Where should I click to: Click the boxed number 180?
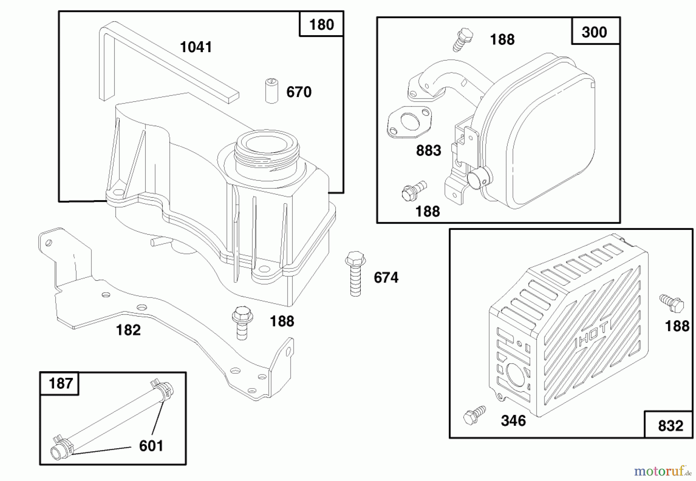321,25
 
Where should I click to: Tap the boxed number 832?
670,426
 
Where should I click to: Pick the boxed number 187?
61,384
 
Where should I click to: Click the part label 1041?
196,47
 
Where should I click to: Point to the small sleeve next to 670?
272,91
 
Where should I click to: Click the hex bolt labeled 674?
355,272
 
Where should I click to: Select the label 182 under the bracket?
128,330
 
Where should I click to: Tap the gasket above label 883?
409,122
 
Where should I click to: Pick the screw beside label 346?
474,415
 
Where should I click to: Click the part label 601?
151,446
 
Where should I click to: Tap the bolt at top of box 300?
463,39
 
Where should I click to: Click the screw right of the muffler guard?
672,303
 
